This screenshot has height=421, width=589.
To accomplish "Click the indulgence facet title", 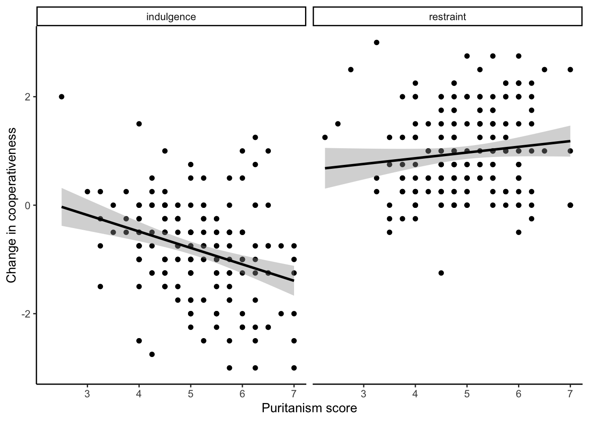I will (x=171, y=17).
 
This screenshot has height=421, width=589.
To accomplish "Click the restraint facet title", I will (x=447, y=17).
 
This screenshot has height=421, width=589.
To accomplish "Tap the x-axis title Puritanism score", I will (x=309, y=408).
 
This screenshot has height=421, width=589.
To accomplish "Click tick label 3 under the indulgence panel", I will (x=87, y=393).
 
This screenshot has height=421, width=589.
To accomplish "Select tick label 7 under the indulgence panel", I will (x=294, y=393).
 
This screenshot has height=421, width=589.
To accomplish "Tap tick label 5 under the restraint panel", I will (x=467, y=393).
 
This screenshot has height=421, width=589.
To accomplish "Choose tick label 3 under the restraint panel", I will (x=363, y=393).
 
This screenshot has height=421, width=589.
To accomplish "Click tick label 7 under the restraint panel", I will (x=570, y=393).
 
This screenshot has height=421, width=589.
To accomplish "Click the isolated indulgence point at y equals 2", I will (x=61, y=96).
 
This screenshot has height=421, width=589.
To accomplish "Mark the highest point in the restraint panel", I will (x=376, y=43).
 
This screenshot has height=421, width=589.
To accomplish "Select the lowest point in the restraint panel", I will (x=441, y=273).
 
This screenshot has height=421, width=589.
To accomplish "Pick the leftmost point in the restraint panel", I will (x=325, y=137).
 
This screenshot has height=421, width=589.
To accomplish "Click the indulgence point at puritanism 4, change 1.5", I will (x=139, y=124).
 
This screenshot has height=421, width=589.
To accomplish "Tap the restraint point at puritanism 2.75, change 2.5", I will (x=351, y=69).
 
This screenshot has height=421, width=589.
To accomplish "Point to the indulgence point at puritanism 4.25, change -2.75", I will (x=152, y=354).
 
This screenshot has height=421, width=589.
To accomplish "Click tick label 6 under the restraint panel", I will (x=518, y=393).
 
